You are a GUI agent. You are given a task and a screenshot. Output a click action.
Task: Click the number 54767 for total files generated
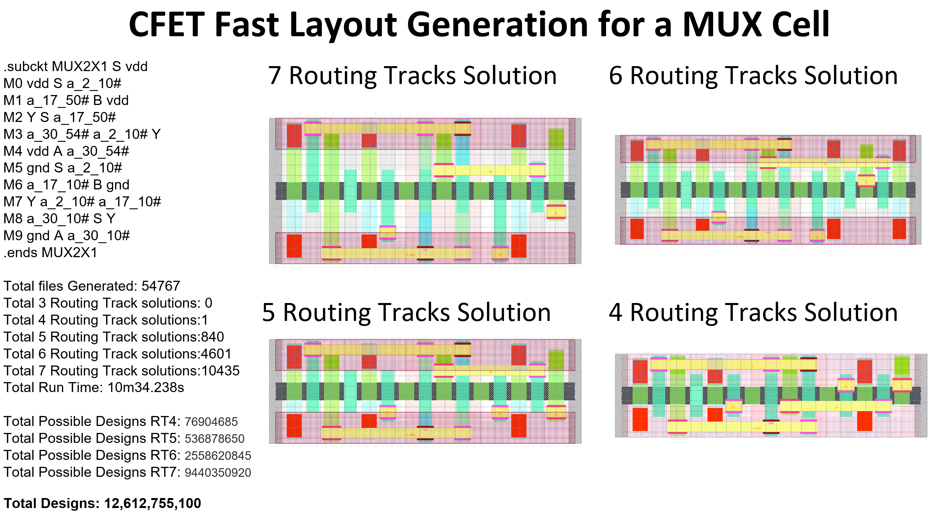coord(161,286)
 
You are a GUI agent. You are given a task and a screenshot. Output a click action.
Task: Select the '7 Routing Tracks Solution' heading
coord(412,75)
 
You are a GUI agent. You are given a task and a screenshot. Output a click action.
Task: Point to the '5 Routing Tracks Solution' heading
coord(406,312)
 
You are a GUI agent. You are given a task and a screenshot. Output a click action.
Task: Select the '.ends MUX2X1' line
coord(51,252)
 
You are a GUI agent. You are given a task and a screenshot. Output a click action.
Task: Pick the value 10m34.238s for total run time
coord(145,387)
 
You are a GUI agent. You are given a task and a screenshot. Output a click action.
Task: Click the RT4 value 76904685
coord(211,422)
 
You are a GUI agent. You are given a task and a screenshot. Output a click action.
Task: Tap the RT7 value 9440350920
coord(218,472)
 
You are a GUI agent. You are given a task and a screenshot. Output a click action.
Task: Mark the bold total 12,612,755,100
coord(152,503)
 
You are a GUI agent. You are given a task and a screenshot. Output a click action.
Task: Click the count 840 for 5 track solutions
coord(212,337)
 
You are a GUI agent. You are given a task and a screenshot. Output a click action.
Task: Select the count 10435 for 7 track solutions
coord(220,370)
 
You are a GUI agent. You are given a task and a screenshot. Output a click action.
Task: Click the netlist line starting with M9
coord(67,236)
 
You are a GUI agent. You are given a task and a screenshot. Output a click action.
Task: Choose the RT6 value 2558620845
coord(218,456)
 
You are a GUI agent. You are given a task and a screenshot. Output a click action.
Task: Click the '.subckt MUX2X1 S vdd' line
coord(76,66)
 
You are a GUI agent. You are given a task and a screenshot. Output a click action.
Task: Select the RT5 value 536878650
coord(215,438)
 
